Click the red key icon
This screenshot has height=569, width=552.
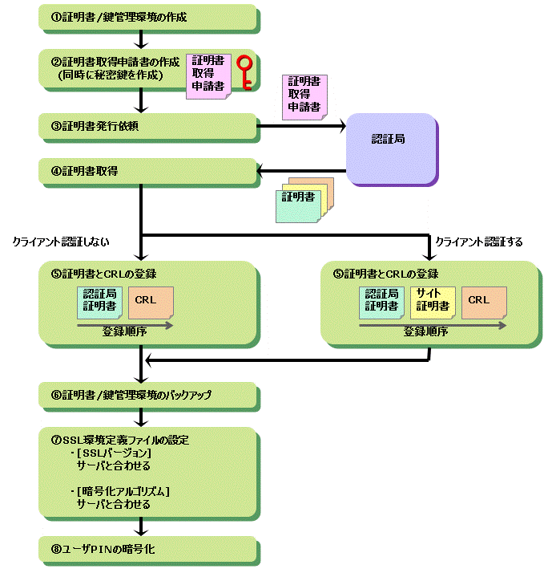(246, 71)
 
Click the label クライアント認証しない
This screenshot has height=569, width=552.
(61, 241)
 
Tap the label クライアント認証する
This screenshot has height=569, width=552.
(478, 241)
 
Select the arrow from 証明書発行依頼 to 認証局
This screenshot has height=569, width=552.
(301, 125)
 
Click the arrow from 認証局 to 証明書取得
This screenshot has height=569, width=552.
(301, 169)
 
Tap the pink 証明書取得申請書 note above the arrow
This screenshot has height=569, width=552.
(305, 95)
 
